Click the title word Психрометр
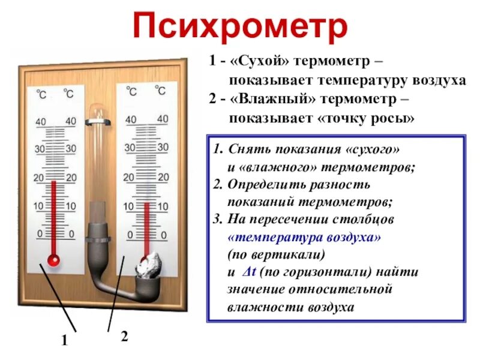pyautogui.click(x=239, y=27)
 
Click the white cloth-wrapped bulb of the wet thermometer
pyautogui.click(x=148, y=266)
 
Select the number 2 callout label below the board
pyautogui.click(x=124, y=337)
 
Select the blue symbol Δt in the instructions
pyautogui.click(x=250, y=272)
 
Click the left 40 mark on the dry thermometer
pyautogui.click(x=41, y=122)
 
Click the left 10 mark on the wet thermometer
pyautogui.click(x=128, y=206)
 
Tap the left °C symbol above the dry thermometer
pyautogui.click(x=41, y=94)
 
